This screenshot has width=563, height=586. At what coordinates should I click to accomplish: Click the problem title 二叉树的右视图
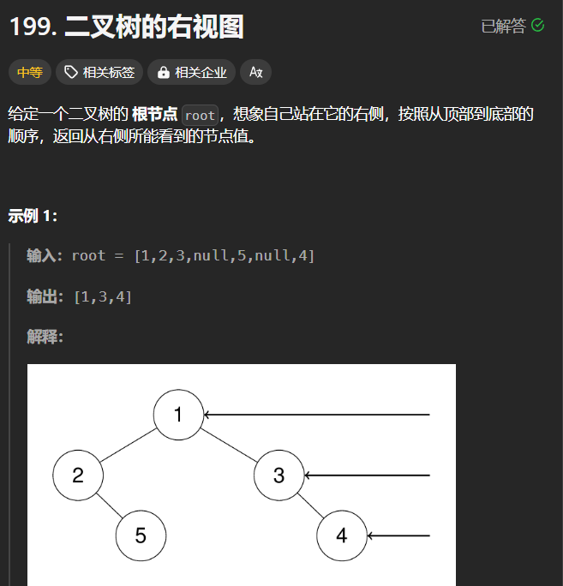(x=154, y=27)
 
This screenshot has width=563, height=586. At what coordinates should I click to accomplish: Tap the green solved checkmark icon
(x=538, y=26)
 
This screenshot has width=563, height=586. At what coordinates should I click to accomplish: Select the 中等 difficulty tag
(x=30, y=73)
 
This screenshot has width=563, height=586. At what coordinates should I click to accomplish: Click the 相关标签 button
(x=100, y=73)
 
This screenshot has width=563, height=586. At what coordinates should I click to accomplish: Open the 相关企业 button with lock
(x=193, y=73)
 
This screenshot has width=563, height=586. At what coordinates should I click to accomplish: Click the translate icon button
(x=255, y=73)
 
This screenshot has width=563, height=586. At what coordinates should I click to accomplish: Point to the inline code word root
(x=200, y=116)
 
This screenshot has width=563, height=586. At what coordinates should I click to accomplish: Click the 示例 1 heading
(x=33, y=215)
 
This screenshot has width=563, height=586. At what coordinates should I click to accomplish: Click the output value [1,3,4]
(x=103, y=296)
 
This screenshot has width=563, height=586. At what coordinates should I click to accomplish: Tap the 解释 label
(x=45, y=337)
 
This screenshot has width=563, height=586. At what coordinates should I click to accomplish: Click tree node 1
(x=178, y=416)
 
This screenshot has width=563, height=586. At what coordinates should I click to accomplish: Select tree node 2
(x=77, y=475)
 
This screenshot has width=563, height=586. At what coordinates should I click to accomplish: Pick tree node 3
(x=279, y=475)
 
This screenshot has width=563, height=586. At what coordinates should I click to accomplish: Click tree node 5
(x=141, y=536)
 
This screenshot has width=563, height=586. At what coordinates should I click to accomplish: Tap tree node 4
(x=342, y=536)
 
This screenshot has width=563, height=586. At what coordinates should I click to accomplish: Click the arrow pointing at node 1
(x=317, y=416)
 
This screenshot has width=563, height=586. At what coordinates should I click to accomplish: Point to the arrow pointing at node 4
(x=398, y=536)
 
